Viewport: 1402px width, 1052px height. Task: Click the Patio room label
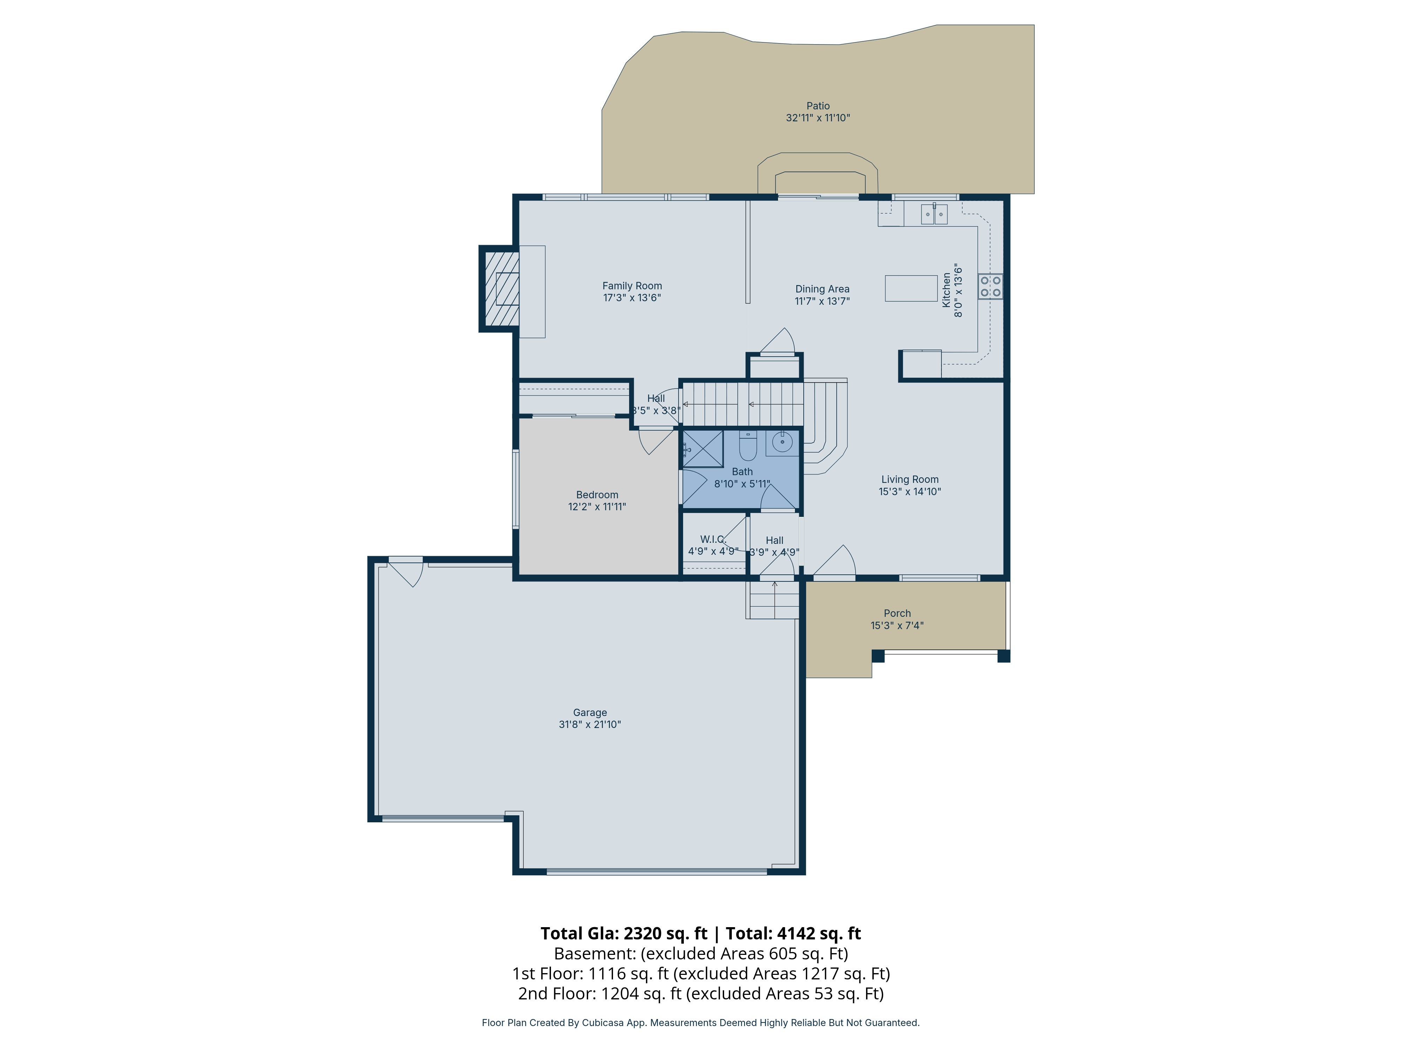[x=818, y=106]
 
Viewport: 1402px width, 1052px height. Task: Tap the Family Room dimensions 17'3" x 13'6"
[x=632, y=297]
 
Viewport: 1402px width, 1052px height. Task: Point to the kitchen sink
[x=934, y=214]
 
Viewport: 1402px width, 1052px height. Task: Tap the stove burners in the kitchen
[x=991, y=286]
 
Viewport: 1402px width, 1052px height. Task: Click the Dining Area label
[x=822, y=289]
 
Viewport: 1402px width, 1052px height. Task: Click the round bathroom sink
[x=782, y=442]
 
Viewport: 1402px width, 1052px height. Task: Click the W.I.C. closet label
[x=713, y=540]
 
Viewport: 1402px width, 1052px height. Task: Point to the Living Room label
[x=910, y=479]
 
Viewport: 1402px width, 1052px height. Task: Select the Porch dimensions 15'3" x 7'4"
[x=897, y=625]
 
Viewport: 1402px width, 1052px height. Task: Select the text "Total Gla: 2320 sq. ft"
[x=624, y=933]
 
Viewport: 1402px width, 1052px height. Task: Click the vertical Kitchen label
[x=946, y=290]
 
